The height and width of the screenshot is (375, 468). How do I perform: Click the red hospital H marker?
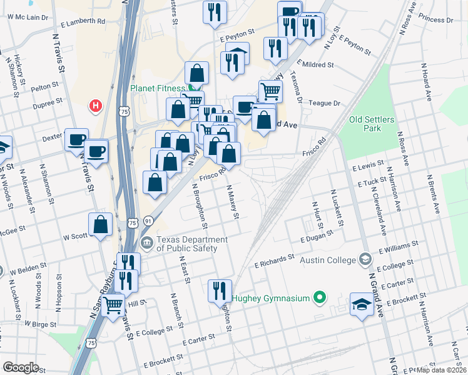(x=96, y=106)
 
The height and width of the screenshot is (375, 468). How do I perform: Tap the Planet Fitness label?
(x=158, y=88)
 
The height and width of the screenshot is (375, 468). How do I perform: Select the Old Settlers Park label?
(x=365, y=124)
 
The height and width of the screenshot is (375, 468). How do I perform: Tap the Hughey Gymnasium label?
(x=272, y=298)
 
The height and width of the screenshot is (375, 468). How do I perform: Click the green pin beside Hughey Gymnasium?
(x=320, y=297)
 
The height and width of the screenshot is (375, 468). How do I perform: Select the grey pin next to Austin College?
(x=365, y=259)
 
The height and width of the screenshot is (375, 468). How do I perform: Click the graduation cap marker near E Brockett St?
(x=362, y=305)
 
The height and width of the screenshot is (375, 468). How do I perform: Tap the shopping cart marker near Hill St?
(x=113, y=306)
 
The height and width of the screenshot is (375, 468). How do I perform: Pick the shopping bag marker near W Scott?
(x=100, y=225)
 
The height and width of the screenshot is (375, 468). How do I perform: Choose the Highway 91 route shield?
(x=148, y=221)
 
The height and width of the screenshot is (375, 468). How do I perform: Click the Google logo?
(x=21, y=367)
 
